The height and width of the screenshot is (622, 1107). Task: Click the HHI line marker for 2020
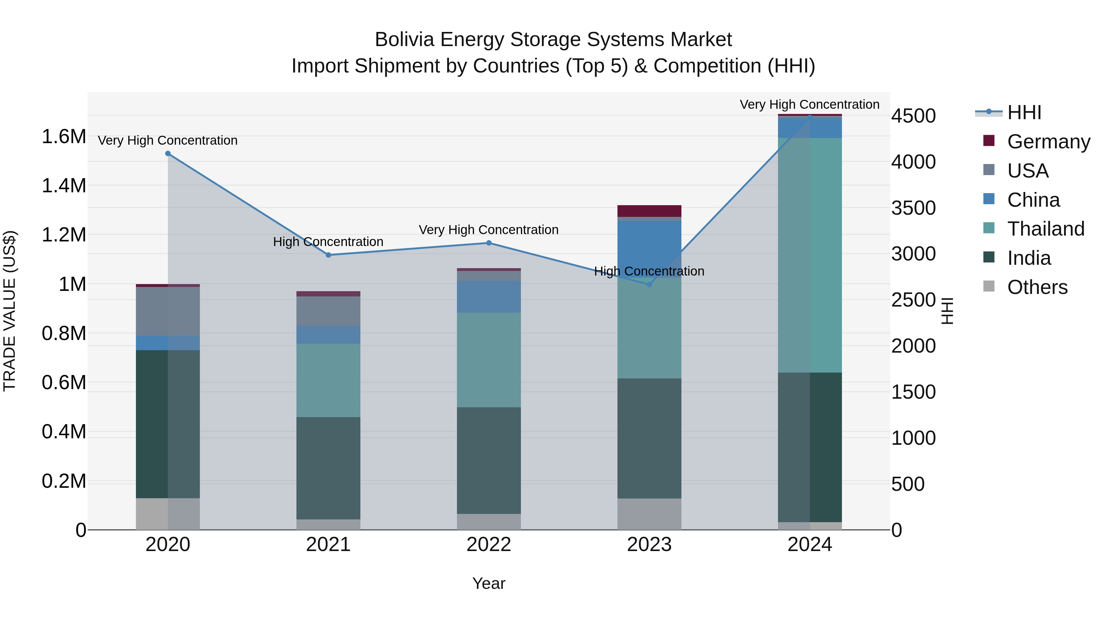(168, 154)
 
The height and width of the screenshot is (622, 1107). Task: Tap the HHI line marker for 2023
(649, 284)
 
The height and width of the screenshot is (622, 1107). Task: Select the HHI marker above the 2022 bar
(489, 243)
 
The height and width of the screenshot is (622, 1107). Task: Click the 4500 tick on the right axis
(913, 116)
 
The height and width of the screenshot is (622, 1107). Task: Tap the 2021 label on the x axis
(328, 545)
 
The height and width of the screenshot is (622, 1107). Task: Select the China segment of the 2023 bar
(649, 249)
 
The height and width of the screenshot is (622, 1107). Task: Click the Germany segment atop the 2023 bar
(649, 211)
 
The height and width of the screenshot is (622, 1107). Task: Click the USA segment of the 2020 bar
(168, 311)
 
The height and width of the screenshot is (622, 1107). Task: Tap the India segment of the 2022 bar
(489, 460)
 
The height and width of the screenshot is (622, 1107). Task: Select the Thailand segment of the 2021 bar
(328, 380)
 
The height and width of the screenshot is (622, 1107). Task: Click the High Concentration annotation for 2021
(328, 242)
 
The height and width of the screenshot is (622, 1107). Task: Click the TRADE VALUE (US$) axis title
(10, 311)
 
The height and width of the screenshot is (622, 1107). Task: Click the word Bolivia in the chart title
(404, 40)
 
